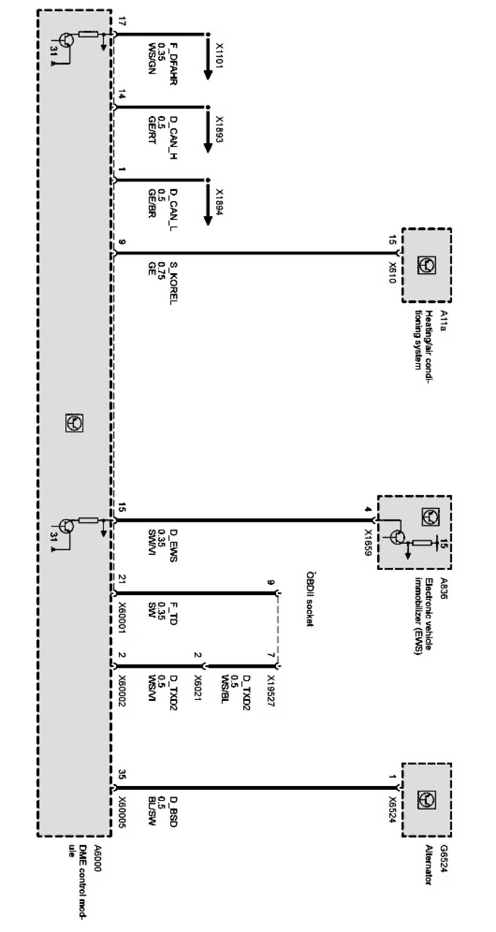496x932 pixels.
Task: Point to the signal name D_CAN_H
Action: tap(173, 138)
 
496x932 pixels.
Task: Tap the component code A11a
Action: tap(443, 320)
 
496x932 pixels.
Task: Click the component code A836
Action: tap(443, 587)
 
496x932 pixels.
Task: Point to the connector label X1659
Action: tap(368, 543)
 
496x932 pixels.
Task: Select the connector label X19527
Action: tap(270, 690)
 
